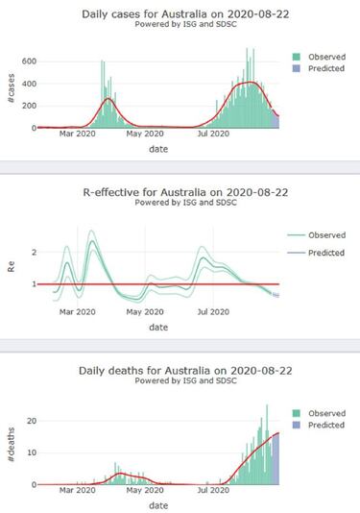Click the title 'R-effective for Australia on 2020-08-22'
pos(158,191)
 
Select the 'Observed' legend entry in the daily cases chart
pos(318,54)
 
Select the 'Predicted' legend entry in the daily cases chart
pos(318,68)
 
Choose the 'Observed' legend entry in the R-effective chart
pos(321,233)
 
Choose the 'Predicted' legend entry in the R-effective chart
pos(321,249)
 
